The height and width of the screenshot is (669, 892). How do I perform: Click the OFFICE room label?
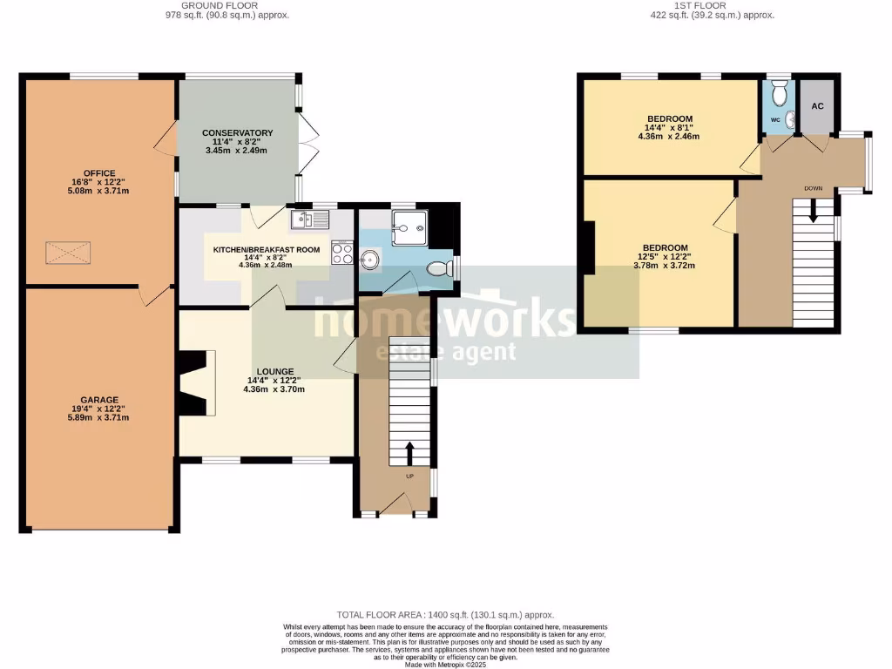coord(99,173)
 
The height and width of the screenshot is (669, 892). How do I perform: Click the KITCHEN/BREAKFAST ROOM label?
coord(267,250)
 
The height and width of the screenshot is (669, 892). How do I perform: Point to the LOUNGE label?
coord(274,370)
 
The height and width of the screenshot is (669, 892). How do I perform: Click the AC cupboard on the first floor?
coord(817,106)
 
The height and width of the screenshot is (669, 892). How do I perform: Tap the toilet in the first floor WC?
coord(780,91)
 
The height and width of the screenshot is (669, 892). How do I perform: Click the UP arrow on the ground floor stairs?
coord(409,453)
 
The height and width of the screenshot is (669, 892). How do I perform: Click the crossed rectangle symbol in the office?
coord(67,253)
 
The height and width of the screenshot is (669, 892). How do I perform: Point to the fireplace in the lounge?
coord(193,383)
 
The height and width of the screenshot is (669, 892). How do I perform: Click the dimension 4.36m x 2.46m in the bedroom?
coord(669,136)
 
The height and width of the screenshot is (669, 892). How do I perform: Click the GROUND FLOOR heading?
coord(227,5)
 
